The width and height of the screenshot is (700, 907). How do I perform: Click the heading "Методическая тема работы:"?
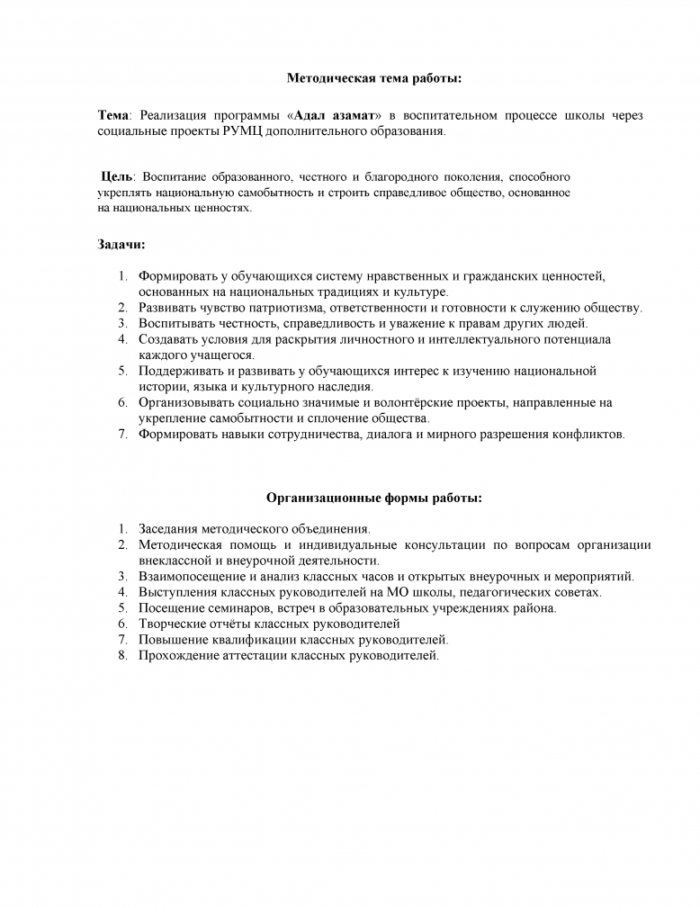373,79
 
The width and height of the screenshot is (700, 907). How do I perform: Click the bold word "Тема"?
113,116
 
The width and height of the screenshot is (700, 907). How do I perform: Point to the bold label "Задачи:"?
121,244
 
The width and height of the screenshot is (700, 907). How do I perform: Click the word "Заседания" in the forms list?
167,529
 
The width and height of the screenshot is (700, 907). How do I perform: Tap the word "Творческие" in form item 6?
171,624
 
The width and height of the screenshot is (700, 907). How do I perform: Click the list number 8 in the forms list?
121,655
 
